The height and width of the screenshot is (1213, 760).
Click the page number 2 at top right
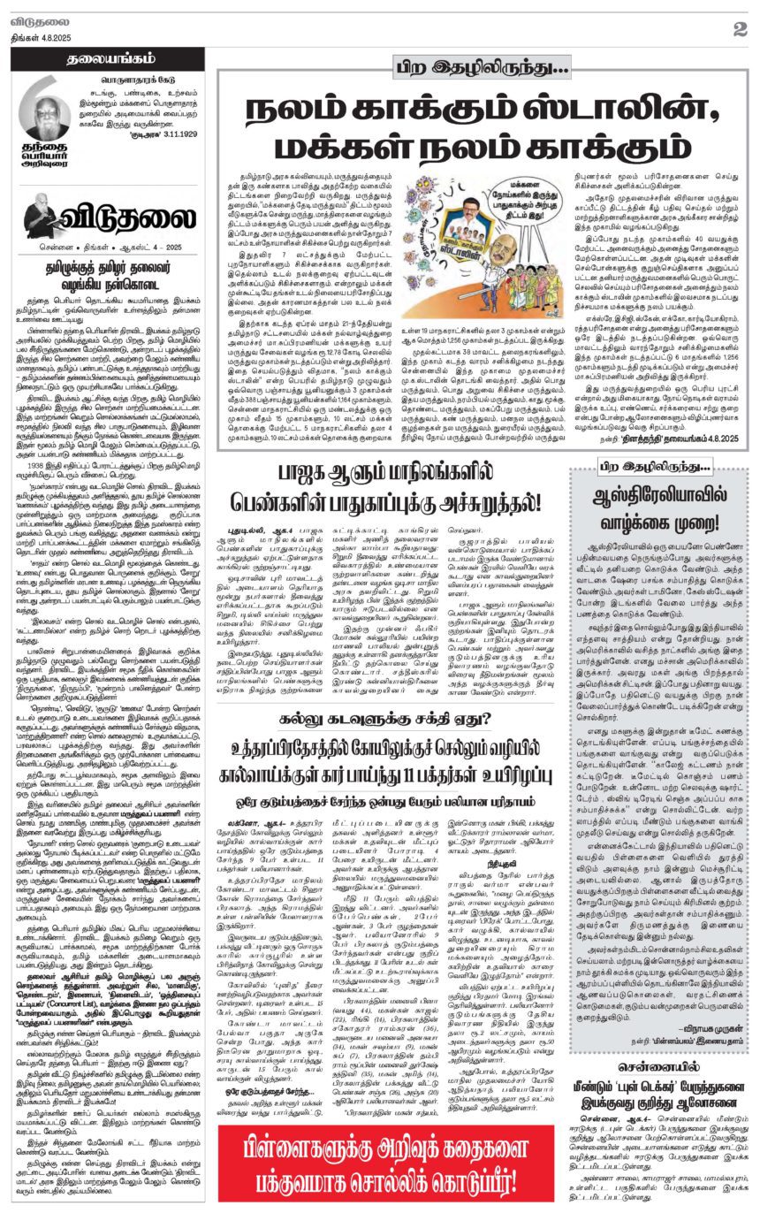738,28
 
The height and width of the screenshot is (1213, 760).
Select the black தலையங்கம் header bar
107,61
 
